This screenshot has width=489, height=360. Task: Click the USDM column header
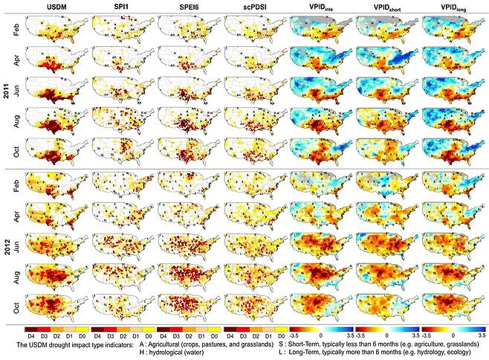54,8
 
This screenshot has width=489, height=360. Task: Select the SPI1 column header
120,8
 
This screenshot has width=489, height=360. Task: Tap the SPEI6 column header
186,8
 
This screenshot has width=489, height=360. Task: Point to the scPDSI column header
252,8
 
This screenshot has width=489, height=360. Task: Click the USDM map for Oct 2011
54,153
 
